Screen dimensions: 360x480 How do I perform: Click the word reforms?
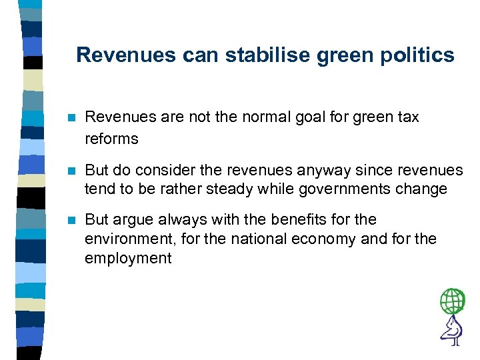[111, 139]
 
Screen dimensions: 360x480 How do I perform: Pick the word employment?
[128, 259]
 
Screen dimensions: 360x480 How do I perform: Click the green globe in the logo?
[453, 301]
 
